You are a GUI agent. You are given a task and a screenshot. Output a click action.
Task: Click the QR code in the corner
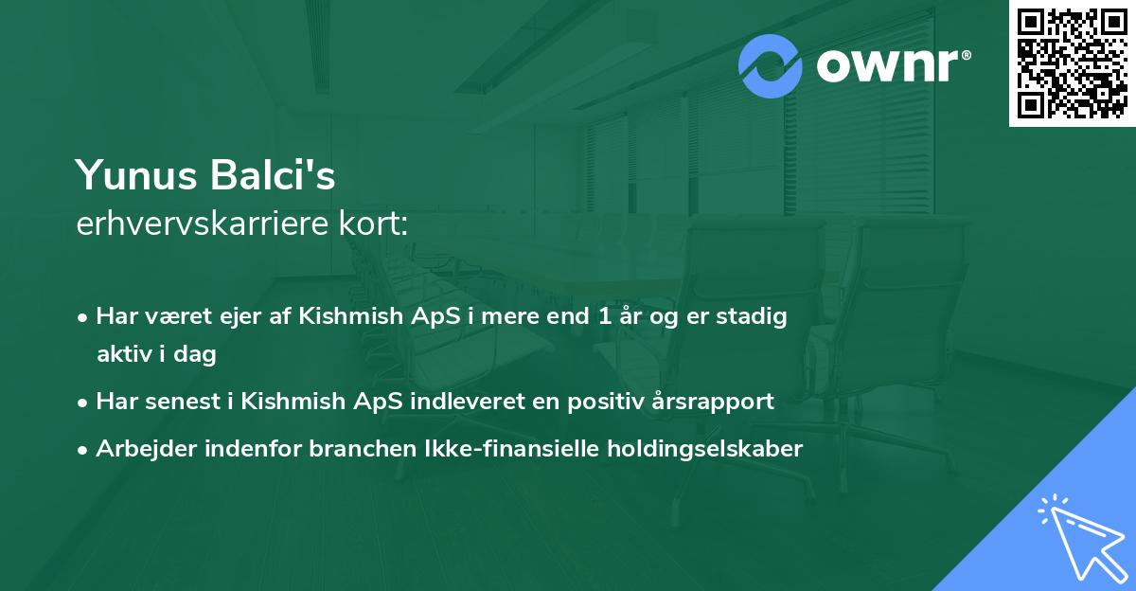click(x=1073, y=63)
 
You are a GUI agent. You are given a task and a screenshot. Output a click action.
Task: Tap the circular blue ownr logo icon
click(x=771, y=66)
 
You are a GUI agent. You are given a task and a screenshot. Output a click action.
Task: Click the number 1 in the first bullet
click(x=604, y=316)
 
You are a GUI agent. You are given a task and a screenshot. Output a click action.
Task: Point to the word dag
click(x=199, y=354)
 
